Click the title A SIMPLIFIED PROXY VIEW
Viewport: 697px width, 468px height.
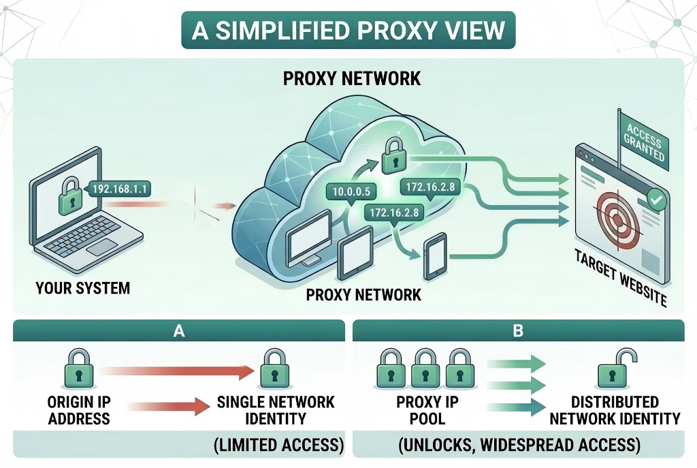[x=348, y=31]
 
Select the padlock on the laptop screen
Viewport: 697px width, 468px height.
[x=69, y=198]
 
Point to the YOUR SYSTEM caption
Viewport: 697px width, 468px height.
[x=82, y=287]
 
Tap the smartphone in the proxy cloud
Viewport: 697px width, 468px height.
[x=434, y=258]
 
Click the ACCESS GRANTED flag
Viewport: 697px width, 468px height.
[x=643, y=144]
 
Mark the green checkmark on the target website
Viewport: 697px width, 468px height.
[x=655, y=200]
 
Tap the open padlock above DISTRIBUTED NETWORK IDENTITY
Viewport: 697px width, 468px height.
[x=613, y=370]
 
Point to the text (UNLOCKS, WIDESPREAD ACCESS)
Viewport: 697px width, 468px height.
[x=519, y=446]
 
